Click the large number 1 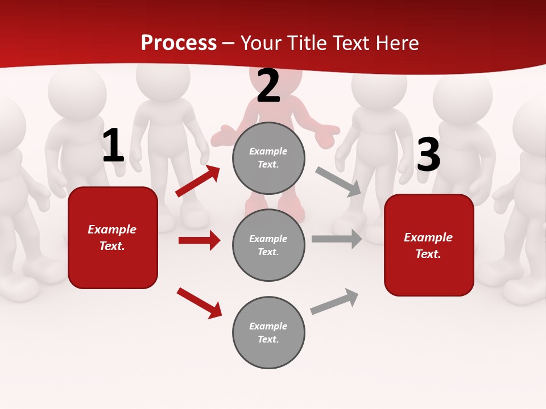(x=113, y=146)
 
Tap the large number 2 (x=268, y=86)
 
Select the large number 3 (x=428, y=155)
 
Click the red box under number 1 (x=113, y=237)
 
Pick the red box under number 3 (x=429, y=245)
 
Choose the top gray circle (x=268, y=158)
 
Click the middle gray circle (x=268, y=245)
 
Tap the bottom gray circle (x=268, y=332)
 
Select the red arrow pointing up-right (x=198, y=181)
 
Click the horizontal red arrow (x=199, y=240)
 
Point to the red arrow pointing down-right (x=200, y=303)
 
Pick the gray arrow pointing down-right (x=338, y=181)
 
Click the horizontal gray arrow (x=337, y=239)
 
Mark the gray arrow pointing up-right (x=334, y=302)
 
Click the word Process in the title (x=179, y=43)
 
